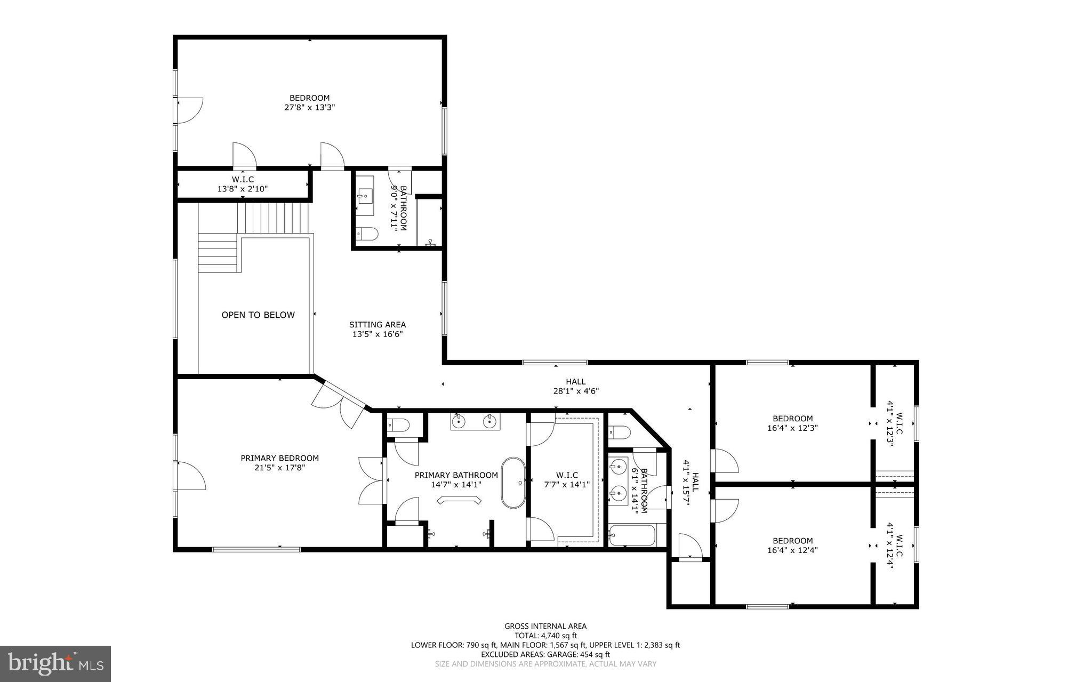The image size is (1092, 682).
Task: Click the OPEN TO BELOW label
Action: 258,315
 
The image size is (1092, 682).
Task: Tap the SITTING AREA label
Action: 378,325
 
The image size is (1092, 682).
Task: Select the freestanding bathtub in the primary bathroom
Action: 513,482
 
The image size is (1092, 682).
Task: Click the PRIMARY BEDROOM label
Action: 279,459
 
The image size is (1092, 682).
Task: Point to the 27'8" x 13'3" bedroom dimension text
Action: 310,107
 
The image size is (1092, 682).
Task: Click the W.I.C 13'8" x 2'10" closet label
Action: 243,184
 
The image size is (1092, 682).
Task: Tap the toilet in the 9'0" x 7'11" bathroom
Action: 367,234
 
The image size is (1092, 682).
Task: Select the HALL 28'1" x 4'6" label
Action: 576,386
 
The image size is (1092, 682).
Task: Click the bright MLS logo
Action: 55,663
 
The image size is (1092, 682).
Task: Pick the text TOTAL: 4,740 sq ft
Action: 545,636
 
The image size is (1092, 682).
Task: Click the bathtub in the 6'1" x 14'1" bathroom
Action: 632,535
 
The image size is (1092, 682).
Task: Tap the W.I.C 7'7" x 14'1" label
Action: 567,480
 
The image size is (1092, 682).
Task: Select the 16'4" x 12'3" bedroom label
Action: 793,423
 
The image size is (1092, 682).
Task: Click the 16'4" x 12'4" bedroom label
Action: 793,545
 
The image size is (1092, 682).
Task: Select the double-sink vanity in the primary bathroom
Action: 475,421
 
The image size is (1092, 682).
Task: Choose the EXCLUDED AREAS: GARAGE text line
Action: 545,654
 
